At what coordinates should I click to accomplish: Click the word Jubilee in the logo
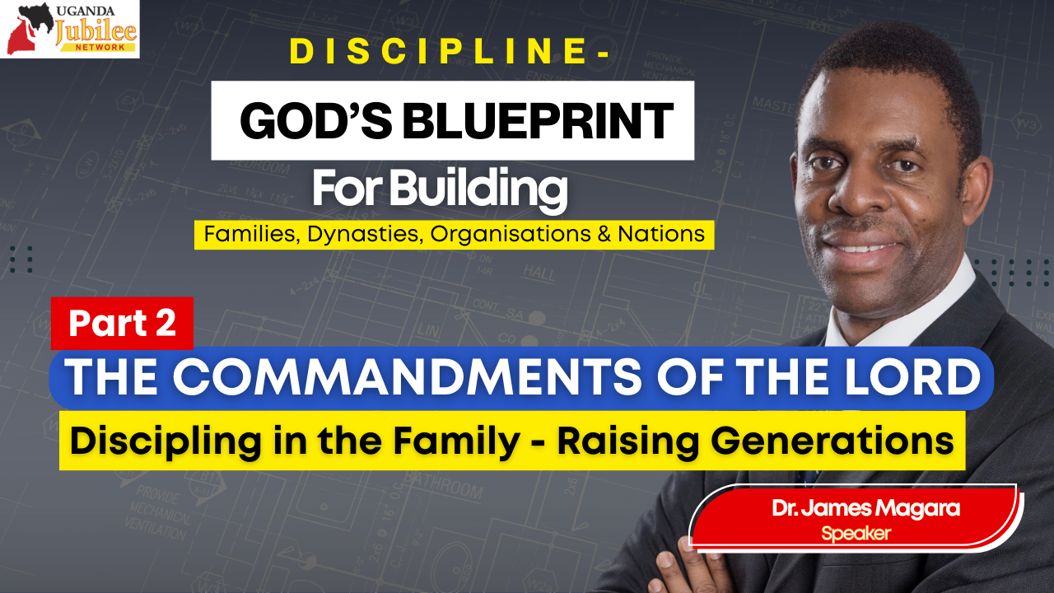point(96,30)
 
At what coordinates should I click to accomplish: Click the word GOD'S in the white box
point(315,121)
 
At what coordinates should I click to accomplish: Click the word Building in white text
point(478,189)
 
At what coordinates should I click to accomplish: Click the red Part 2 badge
point(123,324)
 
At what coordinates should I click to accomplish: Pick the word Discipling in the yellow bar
point(166,441)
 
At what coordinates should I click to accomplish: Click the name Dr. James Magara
point(865,508)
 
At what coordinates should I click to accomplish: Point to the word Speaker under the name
point(856,534)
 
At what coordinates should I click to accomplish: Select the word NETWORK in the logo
point(100,48)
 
